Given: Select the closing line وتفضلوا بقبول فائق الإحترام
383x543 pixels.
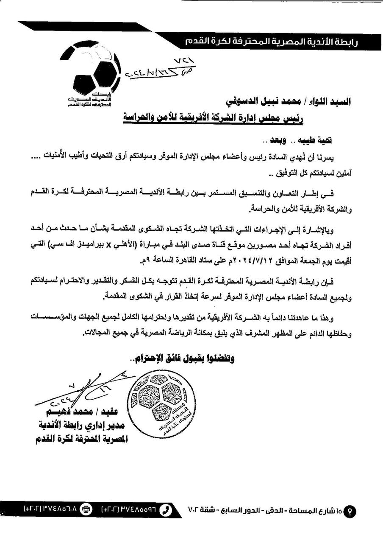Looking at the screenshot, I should (x=183, y=358).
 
